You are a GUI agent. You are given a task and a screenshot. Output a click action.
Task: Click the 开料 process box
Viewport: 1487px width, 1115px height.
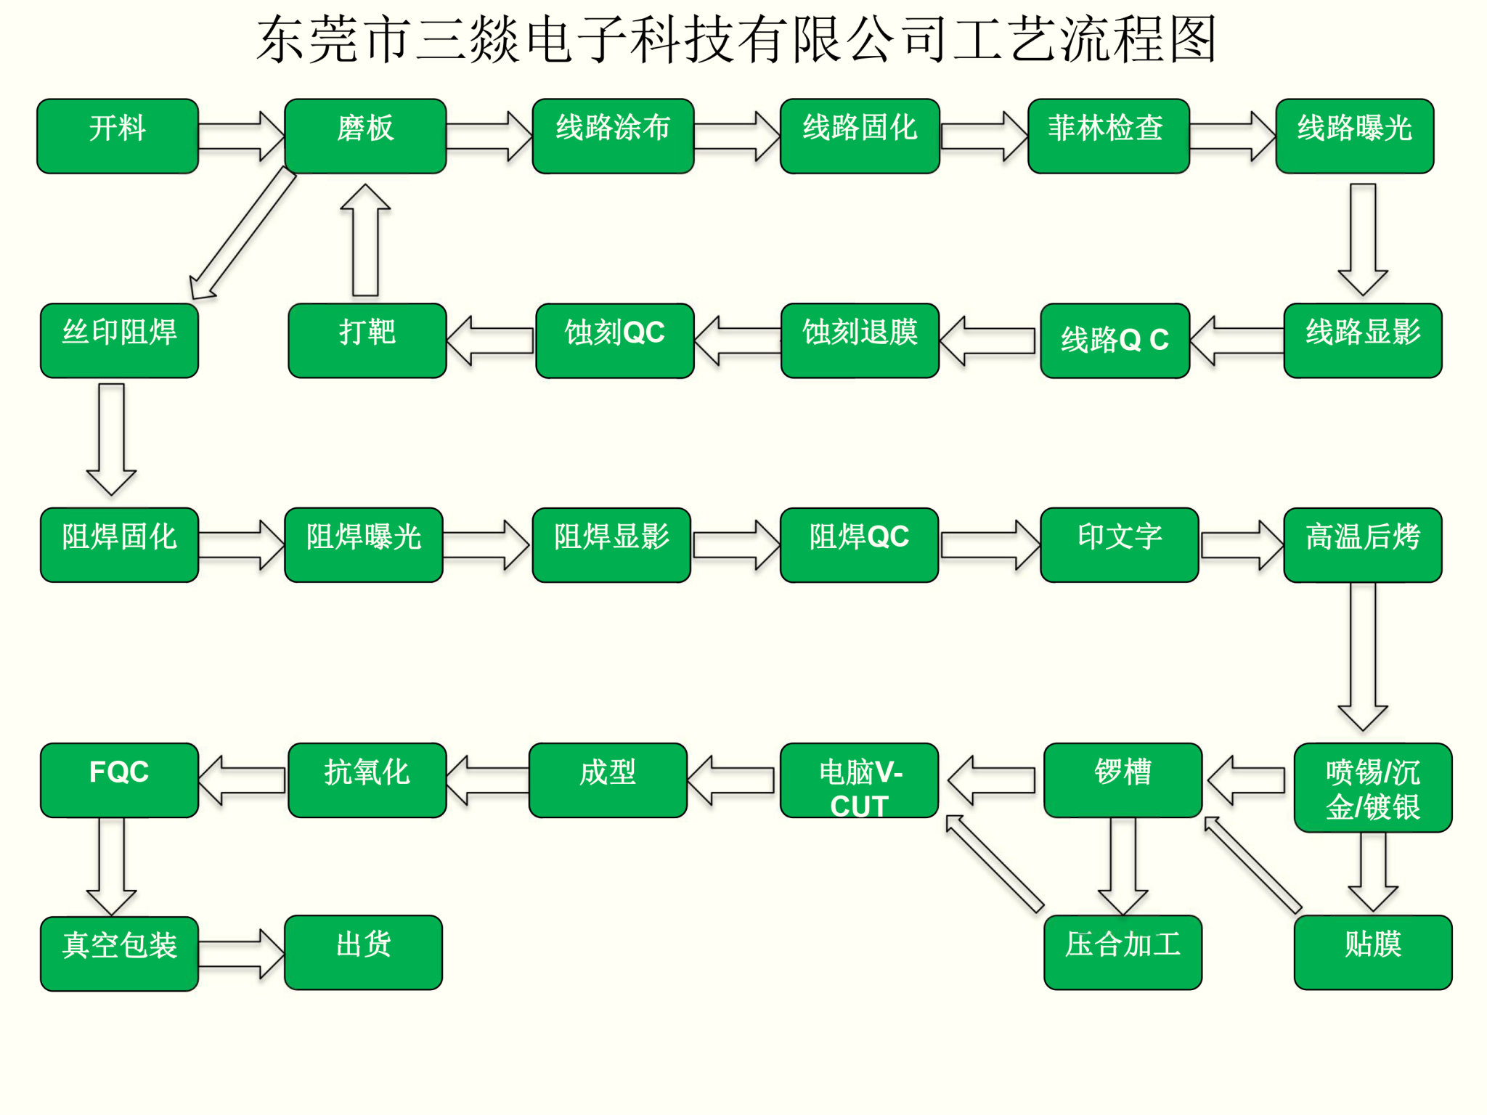(118, 136)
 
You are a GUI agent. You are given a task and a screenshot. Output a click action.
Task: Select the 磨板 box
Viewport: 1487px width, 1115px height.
(365, 136)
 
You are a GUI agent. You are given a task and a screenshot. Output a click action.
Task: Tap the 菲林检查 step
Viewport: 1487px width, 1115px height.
(1108, 136)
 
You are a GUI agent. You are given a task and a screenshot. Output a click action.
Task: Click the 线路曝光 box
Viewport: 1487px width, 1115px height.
(1355, 136)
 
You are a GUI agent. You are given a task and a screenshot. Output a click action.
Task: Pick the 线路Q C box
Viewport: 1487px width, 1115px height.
(1115, 340)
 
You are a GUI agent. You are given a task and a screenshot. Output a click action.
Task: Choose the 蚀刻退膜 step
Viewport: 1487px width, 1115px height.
(860, 340)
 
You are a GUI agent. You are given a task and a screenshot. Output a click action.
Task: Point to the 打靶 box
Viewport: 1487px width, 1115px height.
(367, 340)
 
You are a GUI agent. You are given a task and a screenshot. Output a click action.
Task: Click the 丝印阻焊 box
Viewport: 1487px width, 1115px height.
(119, 340)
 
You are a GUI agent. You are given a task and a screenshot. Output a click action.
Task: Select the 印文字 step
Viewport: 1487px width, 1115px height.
(1119, 544)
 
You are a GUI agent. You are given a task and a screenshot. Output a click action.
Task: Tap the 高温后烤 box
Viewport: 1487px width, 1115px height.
(1363, 544)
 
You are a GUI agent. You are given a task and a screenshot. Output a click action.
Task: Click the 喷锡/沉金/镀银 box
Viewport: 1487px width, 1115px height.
(1373, 788)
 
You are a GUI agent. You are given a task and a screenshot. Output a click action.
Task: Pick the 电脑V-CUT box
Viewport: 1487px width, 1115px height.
(859, 780)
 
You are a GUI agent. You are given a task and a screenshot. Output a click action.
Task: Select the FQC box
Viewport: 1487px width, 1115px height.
(119, 780)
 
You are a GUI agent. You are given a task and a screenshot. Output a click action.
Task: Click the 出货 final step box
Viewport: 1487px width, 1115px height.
(363, 952)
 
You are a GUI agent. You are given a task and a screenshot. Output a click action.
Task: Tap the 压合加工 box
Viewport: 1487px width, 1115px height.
(1123, 952)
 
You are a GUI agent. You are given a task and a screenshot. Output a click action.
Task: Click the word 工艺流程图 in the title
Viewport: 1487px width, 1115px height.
(1085, 40)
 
